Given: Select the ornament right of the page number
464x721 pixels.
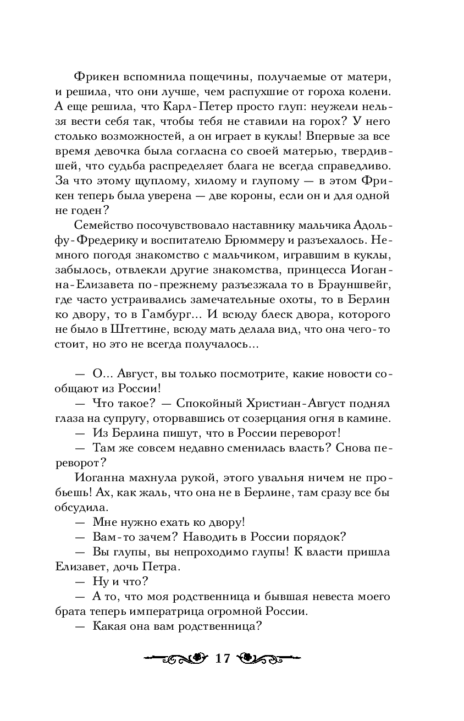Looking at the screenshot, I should click(x=269, y=658).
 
